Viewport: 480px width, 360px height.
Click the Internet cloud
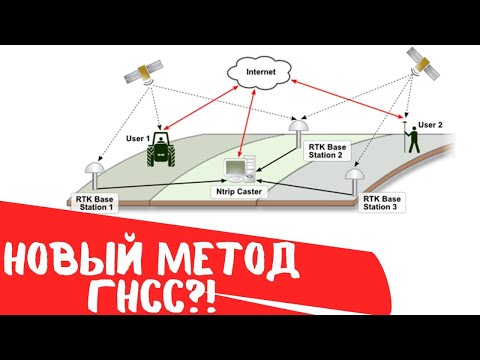point(259,72)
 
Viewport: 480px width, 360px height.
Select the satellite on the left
point(143,73)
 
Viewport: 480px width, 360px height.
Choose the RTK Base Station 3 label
point(383,204)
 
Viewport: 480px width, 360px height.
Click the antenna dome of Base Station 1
point(93,167)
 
